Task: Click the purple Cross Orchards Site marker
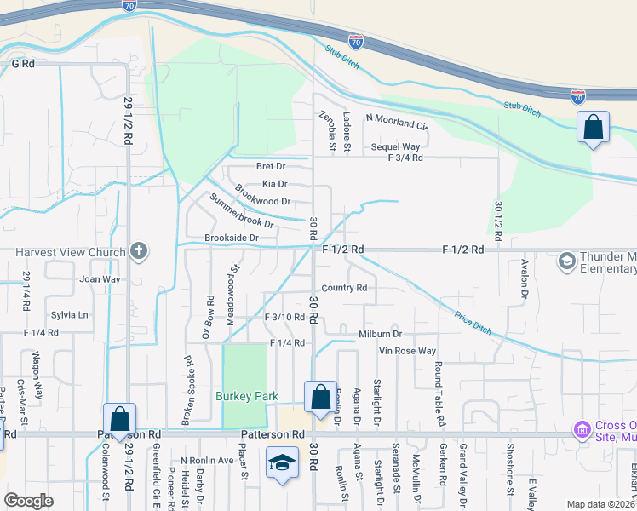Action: click(x=582, y=431)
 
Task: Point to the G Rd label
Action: click(x=23, y=63)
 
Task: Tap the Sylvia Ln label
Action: click(x=70, y=314)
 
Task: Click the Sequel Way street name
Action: click(x=395, y=146)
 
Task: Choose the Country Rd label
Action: click(x=345, y=288)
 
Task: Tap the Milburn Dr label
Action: click(x=380, y=335)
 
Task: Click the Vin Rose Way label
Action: click(x=408, y=351)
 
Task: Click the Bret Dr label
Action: click(x=271, y=165)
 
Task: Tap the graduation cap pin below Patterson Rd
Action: click(x=282, y=462)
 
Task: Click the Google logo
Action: click(x=27, y=501)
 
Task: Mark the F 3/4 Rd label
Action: click(x=405, y=158)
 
